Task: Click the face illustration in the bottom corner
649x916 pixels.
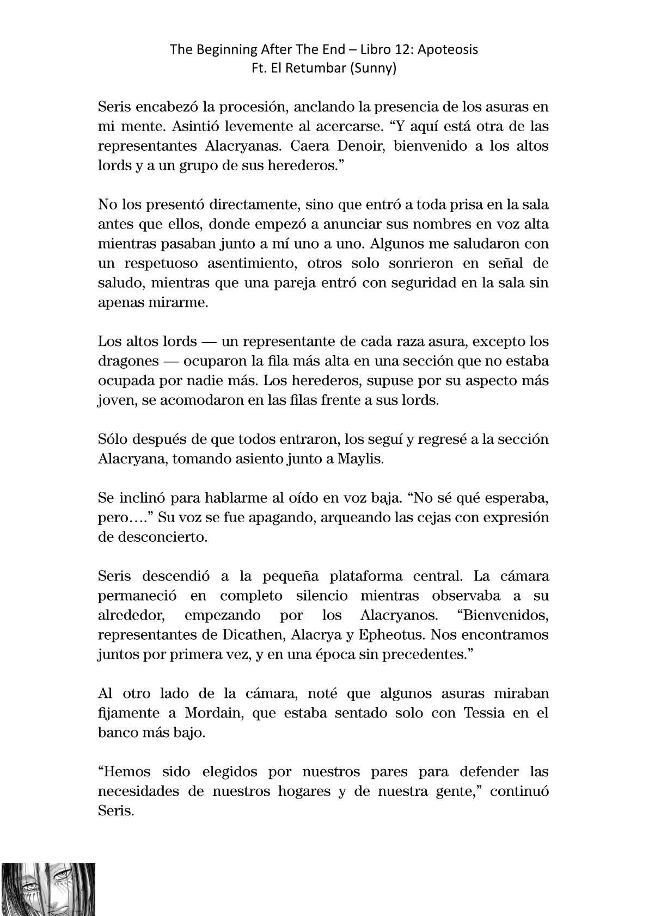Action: pyautogui.click(x=48, y=889)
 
